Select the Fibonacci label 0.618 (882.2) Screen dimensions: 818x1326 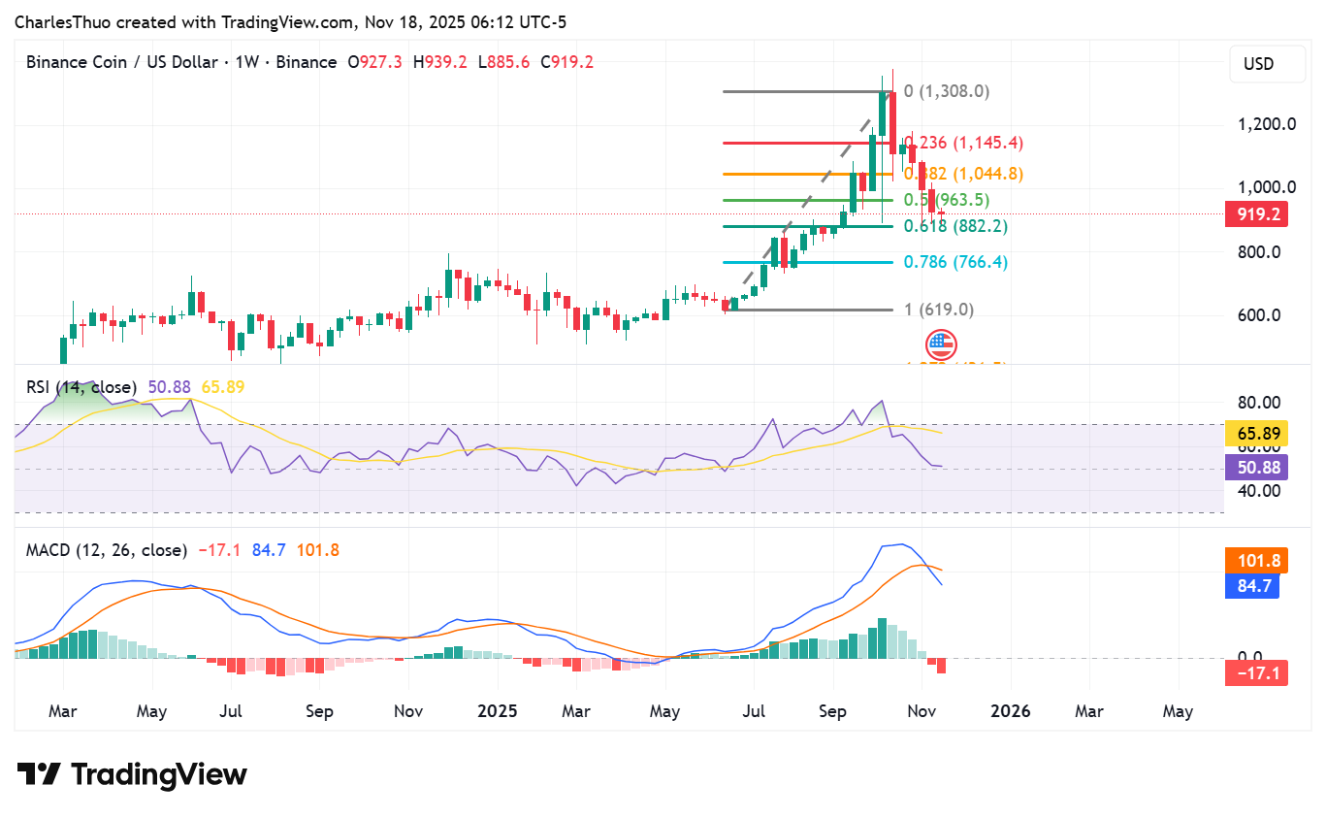coord(954,226)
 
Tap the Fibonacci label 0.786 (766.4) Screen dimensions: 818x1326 coord(954,262)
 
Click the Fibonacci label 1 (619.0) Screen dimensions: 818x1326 coord(938,310)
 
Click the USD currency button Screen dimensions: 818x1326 coord(1258,65)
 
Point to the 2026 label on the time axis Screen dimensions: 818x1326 coord(1011,711)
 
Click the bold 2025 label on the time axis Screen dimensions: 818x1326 coord(499,711)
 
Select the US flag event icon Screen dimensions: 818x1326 coord(941,344)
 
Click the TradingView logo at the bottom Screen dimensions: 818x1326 coord(132,774)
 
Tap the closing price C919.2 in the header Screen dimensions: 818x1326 coord(566,62)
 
